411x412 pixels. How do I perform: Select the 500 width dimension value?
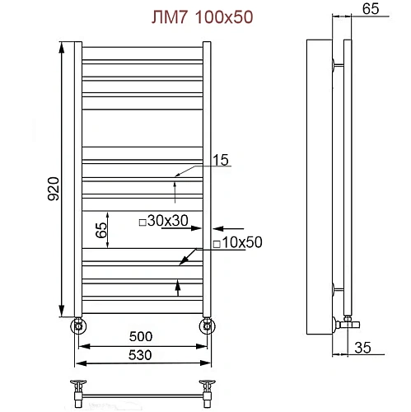[x=141, y=337]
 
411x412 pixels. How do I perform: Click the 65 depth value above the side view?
[x=370, y=11]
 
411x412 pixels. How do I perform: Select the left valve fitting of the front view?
[x=77, y=325]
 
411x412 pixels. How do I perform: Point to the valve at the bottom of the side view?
[x=344, y=322]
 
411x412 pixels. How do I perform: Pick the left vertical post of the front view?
[x=77, y=177]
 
